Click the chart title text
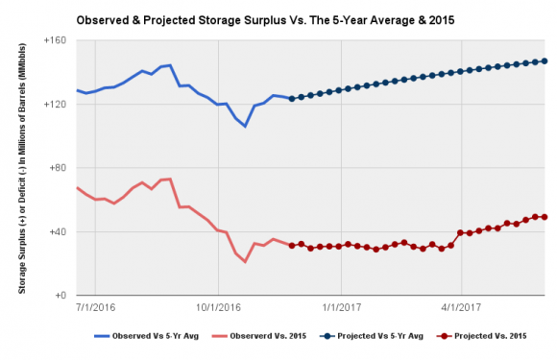tap(265, 20)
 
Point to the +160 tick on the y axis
tap(55, 40)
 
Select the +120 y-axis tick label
tap(55, 105)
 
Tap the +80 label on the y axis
tap(58, 168)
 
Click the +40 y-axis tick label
tap(58, 231)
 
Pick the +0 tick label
tap(61, 296)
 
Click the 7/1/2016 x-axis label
tap(96, 307)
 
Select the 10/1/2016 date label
tap(218, 307)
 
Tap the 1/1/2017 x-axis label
tap(341, 307)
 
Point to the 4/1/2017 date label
tap(461, 307)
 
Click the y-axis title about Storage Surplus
tap(22, 168)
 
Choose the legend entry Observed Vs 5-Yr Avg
tap(146, 336)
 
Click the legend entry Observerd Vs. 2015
tap(259, 336)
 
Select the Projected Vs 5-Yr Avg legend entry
tap(372, 336)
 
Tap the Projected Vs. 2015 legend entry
tap(482, 336)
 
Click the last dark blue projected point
tap(545, 61)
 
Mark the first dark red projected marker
tap(292, 246)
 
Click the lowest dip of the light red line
tap(245, 262)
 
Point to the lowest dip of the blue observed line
tap(245, 126)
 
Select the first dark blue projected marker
tap(292, 99)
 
